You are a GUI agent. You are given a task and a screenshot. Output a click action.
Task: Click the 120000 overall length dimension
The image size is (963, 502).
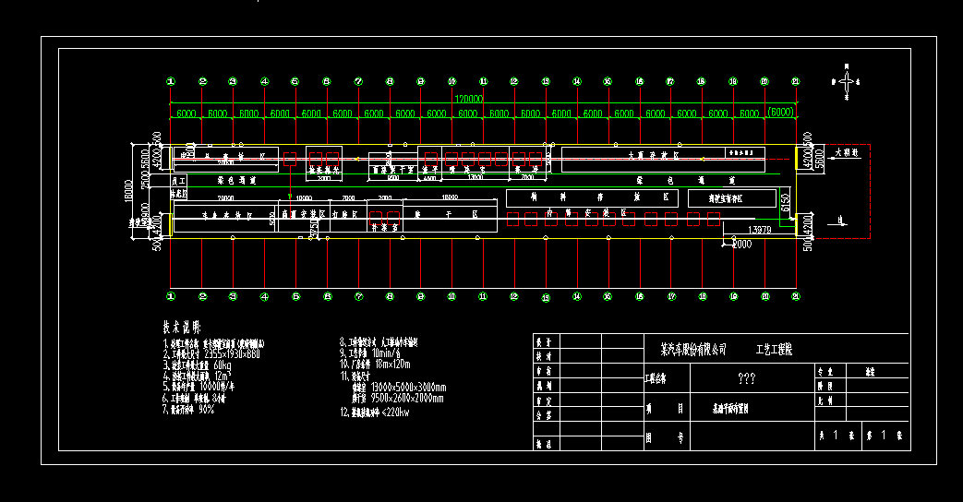click(x=468, y=97)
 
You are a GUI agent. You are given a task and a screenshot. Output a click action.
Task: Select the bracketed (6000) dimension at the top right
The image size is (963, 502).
click(x=780, y=113)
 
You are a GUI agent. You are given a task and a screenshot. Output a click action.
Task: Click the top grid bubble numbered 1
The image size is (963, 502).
click(x=171, y=82)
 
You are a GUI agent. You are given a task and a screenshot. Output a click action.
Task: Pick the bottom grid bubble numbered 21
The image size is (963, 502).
click(x=795, y=296)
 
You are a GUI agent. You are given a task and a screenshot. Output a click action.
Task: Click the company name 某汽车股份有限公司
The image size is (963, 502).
click(x=688, y=351)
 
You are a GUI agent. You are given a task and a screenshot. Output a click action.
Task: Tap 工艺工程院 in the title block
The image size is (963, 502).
click(x=779, y=351)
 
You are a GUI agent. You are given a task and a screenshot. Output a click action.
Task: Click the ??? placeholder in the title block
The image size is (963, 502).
click(x=748, y=378)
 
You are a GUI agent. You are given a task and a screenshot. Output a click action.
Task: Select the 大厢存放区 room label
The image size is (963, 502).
click(x=654, y=156)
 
